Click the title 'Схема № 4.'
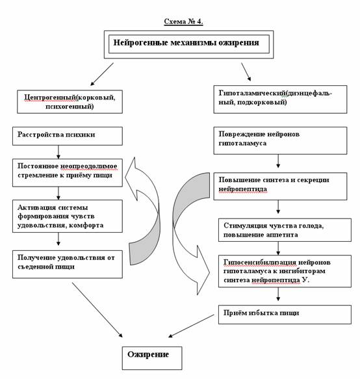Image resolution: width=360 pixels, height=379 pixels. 183,21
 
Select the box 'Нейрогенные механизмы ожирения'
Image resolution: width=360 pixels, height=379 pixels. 188,44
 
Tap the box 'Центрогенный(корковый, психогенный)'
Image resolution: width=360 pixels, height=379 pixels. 70,102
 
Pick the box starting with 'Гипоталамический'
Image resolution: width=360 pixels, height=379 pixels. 280,99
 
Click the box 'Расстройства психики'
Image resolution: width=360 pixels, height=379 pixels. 68,136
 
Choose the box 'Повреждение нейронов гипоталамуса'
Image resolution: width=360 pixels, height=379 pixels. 280,140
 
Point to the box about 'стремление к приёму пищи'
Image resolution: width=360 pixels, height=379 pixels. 68,173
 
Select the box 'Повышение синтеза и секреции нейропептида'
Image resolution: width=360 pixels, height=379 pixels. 280,186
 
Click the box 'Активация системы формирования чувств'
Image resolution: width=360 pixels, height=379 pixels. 68,216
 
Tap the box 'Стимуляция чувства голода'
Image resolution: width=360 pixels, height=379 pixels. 285,230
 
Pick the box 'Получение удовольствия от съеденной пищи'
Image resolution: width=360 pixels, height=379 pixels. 68,264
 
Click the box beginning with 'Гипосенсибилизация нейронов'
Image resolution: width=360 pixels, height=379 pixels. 285,271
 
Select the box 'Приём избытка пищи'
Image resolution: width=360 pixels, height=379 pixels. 285,315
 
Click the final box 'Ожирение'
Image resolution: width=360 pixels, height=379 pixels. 152,358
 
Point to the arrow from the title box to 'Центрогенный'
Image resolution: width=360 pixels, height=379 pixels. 102,74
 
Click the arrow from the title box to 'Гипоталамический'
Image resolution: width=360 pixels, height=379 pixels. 246,72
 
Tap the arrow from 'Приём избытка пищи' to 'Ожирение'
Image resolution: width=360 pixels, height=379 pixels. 191,326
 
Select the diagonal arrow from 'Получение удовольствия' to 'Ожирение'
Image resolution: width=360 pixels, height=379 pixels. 97,310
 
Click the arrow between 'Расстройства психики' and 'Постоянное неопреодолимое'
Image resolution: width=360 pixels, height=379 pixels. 58,152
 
